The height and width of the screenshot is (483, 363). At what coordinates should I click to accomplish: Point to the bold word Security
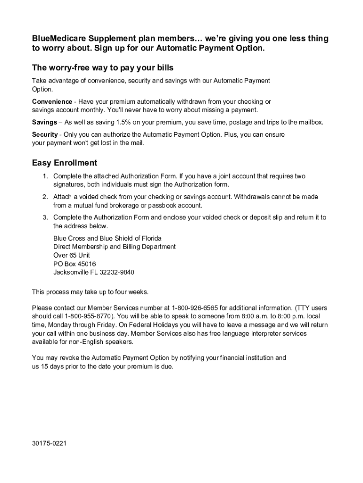(45, 134)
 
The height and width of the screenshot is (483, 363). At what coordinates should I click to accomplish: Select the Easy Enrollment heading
(65, 163)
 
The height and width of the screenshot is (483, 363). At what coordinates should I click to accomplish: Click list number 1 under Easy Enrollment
(45, 176)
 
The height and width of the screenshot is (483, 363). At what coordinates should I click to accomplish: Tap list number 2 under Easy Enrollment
(45, 197)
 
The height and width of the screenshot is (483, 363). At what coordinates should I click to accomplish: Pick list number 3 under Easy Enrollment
(45, 217)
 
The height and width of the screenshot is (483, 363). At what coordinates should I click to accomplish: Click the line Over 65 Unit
(72, 255)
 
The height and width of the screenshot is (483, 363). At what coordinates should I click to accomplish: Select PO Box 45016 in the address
(74, 264)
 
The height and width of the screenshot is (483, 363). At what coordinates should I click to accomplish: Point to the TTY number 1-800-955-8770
(89, 316)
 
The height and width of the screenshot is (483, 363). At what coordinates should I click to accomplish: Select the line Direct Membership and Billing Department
(115, 247)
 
